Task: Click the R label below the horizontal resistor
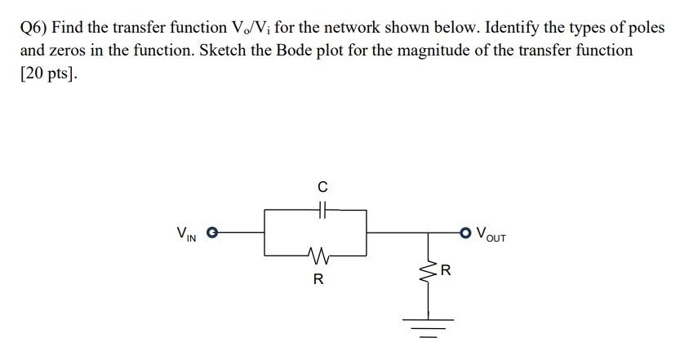tap(318, 280)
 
